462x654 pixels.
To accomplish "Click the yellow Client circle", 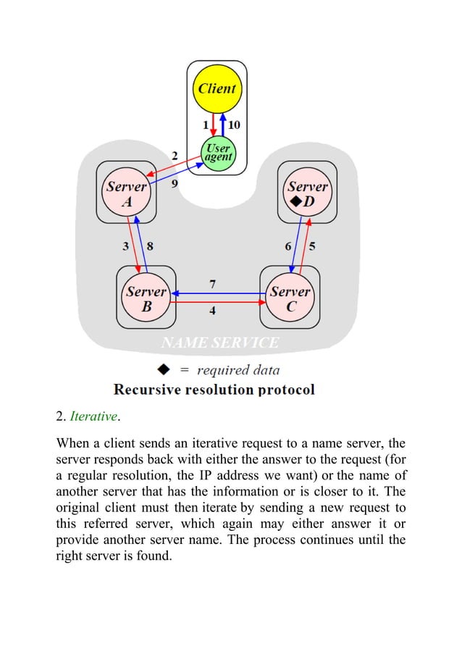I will [x=217, y=89].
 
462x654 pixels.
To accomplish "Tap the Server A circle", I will [x=127, y=193].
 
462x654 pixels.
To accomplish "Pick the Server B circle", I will [x=146, y=298].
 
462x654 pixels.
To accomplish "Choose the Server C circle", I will [x=290, y=298].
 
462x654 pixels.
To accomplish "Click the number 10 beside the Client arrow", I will [x=235, y=125].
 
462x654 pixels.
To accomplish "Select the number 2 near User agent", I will [x=175, y=155].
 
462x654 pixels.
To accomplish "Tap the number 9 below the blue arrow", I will [x=175, y=184].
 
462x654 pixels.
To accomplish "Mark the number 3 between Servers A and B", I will [x=126, y=246].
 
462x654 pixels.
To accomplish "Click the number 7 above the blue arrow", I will [x=212, y=283].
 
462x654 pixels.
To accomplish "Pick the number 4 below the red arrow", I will [x=212, y=311].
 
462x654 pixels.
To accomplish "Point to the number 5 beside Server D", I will [x=312, y=246].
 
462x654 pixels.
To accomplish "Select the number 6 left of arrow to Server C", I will [x=288, y=246].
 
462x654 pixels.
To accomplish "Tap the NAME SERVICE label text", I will [x=219, y=343].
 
